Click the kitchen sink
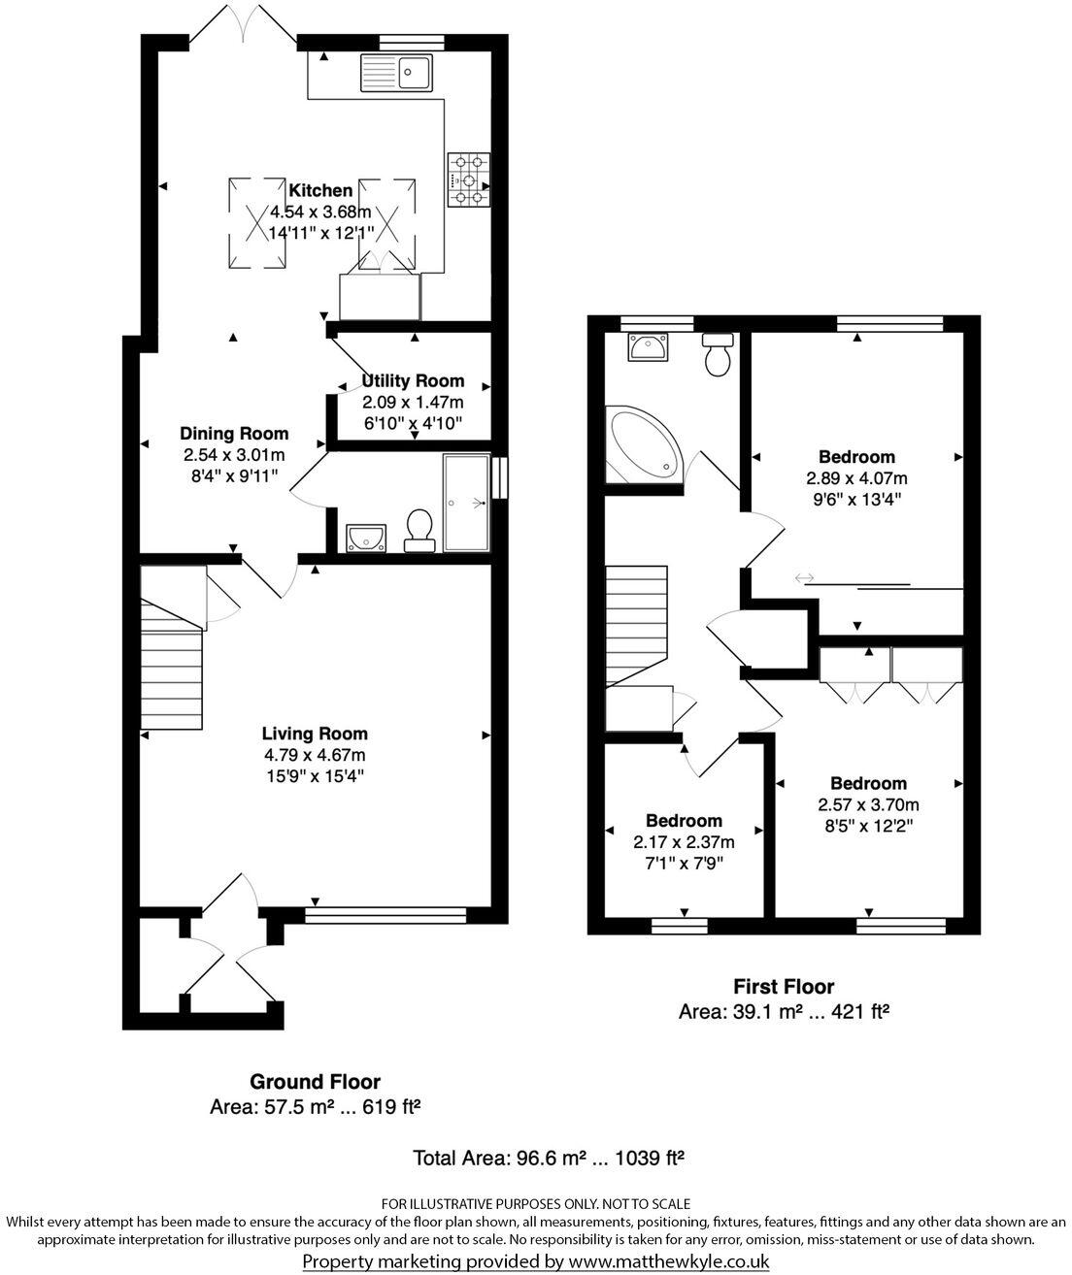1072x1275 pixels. click(x=396, y=73)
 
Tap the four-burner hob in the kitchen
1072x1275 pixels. click(x=469, y=180)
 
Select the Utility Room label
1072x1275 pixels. click(x=413, y=380)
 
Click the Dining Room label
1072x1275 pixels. click(x=234, y=434)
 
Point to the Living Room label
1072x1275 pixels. click(x=315, y=734)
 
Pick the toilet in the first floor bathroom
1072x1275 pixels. click(x=719, y=355)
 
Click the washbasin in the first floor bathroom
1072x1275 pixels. click(x=647, y=346)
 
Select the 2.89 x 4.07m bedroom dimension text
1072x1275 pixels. click(x=856, y=478)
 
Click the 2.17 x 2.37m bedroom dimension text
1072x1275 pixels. click(x=684, y=841)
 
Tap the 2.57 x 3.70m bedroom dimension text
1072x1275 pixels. click(x=868, y=804)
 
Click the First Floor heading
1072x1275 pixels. click(x=783, y=987)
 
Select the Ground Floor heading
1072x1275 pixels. click(x=315, y=1081)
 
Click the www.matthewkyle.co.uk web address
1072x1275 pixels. click(x=668, y=1261)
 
